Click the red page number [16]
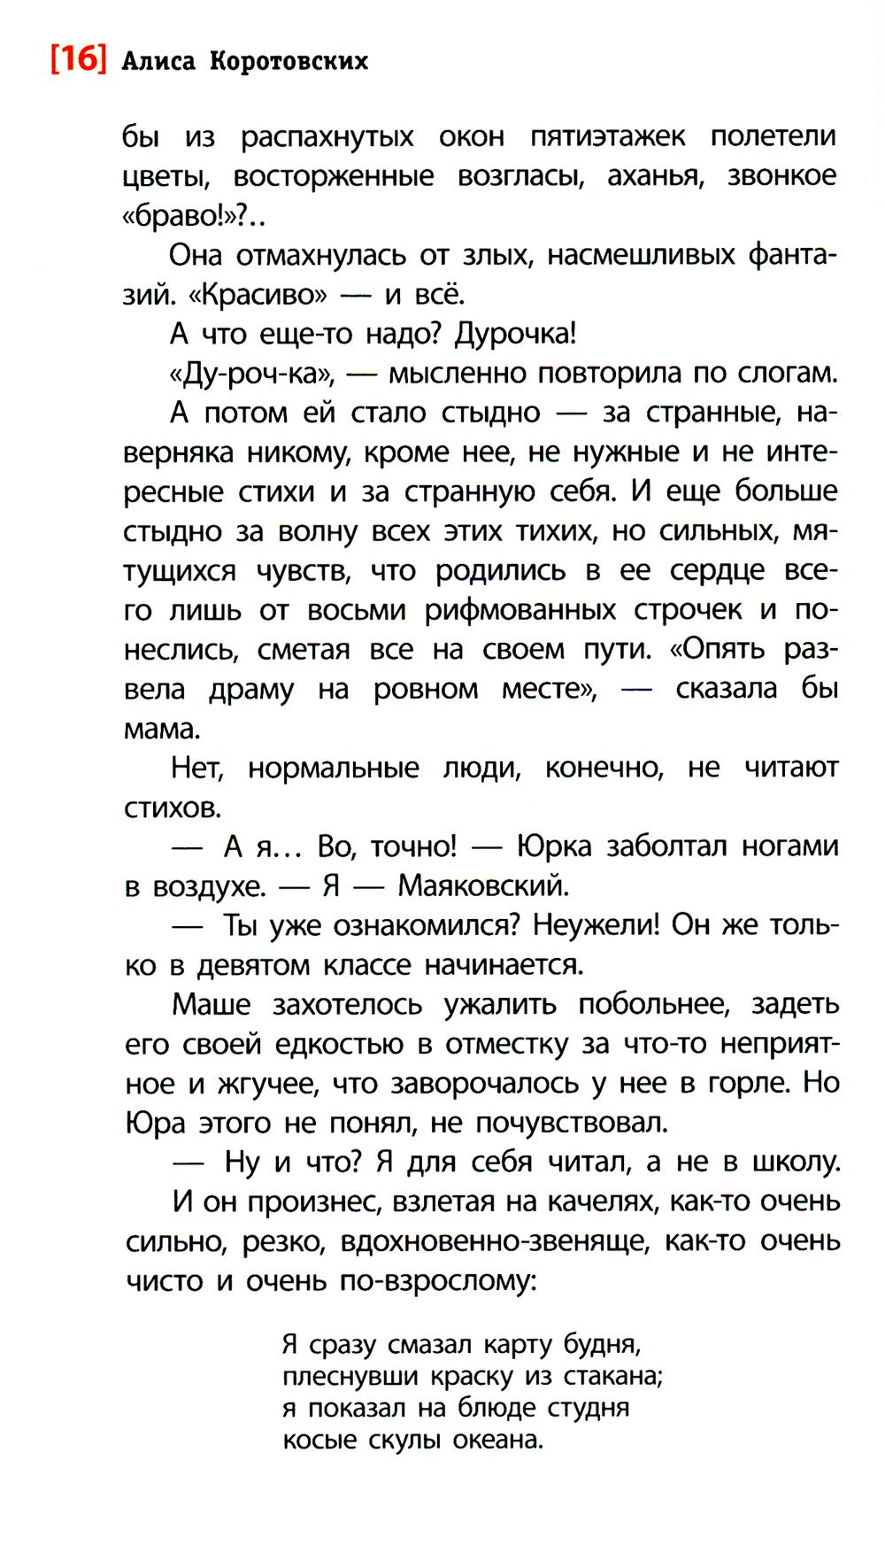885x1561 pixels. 78,59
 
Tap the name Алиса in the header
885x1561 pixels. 158,61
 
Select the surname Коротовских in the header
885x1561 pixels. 289,61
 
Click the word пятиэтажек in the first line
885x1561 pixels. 607,136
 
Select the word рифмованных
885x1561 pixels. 519,610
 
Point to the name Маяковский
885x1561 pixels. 482,885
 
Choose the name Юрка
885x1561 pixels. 554,846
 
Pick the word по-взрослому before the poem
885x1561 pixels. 438,1281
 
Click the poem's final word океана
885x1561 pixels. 497,1440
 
